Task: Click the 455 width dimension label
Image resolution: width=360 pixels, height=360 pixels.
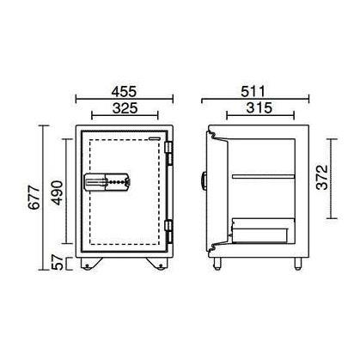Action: pyautogui.click(x=125, y=91)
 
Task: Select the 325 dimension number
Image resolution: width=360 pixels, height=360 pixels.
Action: pyautogui.click(x=125, y=108)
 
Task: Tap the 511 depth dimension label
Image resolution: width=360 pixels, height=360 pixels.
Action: pyautogui.click(x=253, y=91)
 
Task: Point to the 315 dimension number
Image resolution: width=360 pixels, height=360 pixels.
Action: pyautogui.click(x=259, y=108)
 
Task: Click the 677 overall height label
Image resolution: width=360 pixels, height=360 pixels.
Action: pyautogui.click(x=34, y=198)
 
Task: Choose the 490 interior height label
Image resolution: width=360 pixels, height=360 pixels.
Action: pyautogui.click(x=57, y=192)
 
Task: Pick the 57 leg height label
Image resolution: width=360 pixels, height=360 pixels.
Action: pyautogui.click(x=57, y=262)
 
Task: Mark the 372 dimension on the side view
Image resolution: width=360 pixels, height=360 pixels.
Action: pyautogui.click(x=322, y=177)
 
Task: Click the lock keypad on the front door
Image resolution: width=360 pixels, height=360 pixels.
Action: pyautogui.click(x=107, y=181)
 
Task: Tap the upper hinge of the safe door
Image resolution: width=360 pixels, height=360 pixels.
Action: pyautogui.click(x=169, y=153)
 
